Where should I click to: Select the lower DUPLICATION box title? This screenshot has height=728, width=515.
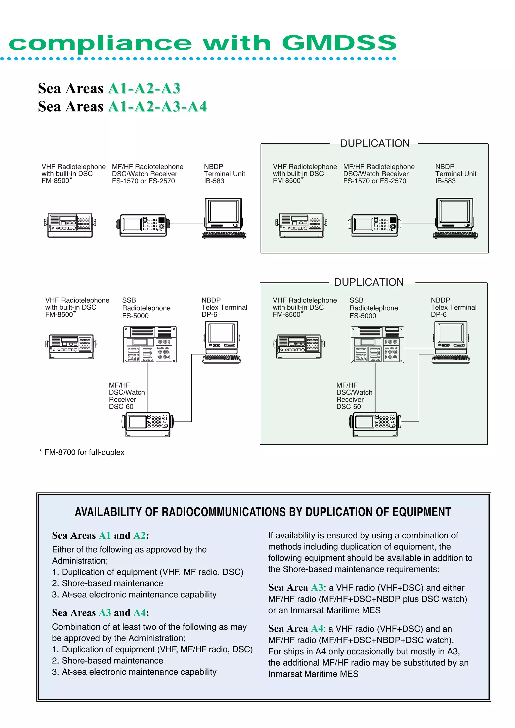[369, 282]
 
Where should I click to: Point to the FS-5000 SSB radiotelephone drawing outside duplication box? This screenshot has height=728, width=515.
[150, 345]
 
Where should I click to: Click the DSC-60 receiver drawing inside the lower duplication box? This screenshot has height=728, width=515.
[375, 424]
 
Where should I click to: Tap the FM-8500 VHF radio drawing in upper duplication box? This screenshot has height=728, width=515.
[301, 225]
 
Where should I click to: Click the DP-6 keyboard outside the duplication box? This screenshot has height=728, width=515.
[222, 359]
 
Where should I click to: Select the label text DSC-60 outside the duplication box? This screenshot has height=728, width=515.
[121, 406]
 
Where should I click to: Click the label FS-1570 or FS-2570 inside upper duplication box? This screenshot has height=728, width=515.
[374, 181]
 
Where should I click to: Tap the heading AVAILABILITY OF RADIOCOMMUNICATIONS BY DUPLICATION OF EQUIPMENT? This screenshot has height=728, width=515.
[263, 512]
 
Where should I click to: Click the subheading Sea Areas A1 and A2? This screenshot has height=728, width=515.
[100, 536]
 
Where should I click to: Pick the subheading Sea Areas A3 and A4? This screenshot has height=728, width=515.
[100, 613]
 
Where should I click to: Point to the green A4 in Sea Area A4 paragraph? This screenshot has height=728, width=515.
[317, 628]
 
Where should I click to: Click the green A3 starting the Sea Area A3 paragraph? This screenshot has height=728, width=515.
[317, 587]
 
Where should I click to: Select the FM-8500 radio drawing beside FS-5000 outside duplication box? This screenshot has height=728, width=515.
[71, 346]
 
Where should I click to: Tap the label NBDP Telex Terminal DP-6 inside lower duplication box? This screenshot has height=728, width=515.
[453, 307]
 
